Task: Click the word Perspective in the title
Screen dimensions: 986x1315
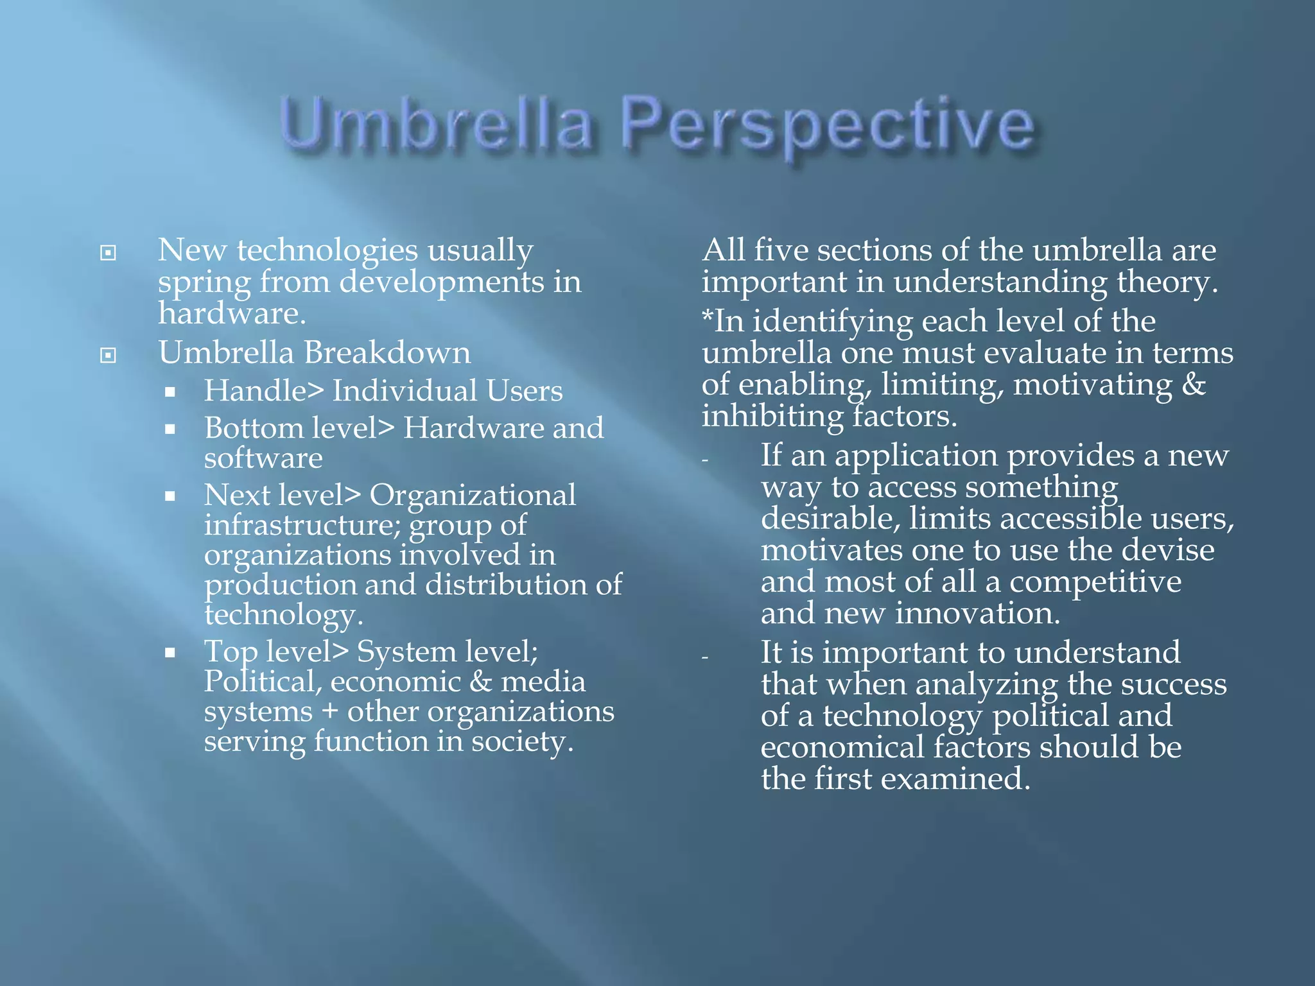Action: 828,126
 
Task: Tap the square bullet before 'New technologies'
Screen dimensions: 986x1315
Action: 109,253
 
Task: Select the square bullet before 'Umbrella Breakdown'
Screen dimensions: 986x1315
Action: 109,355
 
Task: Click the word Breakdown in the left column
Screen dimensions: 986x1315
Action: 387,353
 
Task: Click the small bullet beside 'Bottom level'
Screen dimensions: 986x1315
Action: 170,429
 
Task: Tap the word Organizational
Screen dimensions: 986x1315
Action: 473,495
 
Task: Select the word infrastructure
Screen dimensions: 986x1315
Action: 302,525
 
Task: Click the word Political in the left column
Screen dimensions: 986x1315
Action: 262,682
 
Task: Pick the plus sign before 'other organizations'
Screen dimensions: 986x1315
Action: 331,713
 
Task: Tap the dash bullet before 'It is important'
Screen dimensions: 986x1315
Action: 705,657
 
